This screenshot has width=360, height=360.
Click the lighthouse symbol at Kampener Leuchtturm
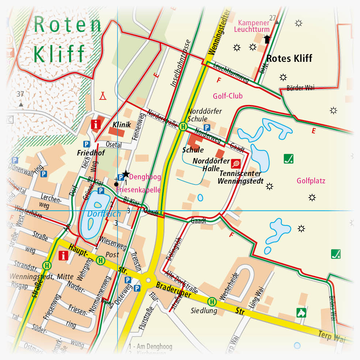267,39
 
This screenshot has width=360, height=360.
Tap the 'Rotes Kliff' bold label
289,59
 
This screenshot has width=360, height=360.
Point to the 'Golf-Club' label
228,96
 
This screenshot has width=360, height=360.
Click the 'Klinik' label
122,125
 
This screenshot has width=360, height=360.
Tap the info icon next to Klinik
96,124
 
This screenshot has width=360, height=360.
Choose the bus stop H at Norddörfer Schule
183,127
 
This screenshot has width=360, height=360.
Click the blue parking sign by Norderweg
207,127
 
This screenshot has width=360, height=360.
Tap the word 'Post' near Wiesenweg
112,254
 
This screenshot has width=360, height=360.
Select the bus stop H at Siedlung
212,302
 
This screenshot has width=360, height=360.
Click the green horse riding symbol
300,312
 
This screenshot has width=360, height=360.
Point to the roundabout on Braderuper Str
149,280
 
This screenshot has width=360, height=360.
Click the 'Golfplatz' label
311,181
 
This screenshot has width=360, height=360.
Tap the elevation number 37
20,94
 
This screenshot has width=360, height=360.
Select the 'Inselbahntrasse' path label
180,63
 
